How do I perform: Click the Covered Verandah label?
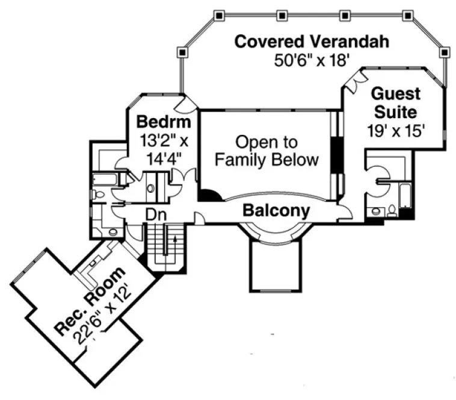coord(312,42)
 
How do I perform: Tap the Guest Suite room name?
coord(395,103)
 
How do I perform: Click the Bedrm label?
coord(163,122)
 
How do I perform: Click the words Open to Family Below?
coord(267,151)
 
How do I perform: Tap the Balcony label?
coord(276,211)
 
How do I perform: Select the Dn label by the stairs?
coord(155,214)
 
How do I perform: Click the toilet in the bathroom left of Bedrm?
coord(100,195)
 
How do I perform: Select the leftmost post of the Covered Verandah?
coord(181,53)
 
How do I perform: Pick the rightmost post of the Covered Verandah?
coord(443,53)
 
